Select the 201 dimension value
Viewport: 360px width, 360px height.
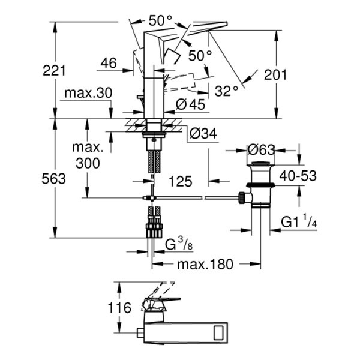click(275, 74)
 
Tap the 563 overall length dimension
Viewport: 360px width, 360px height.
click(54, 179)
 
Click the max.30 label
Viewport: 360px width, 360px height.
click(88, 94)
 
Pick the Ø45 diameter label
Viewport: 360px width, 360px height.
click(190, 104)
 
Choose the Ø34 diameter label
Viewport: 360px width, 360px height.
click(202, 133)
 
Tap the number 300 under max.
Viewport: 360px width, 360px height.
click(88, 163)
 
